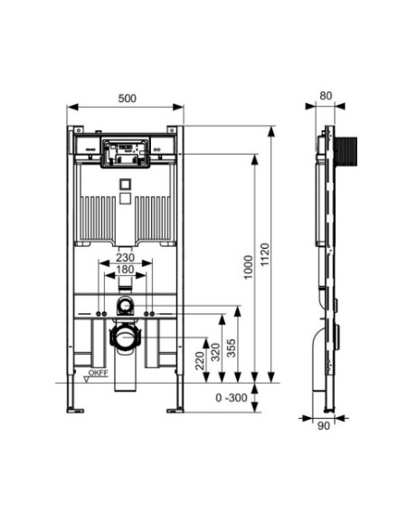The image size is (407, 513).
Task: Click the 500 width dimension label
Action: (x=127, y=99)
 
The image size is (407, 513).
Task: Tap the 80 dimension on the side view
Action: (x=326, y=96)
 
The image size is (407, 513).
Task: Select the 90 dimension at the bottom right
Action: (x=324, y=426)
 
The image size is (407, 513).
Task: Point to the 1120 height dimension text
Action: (x=265, y=254)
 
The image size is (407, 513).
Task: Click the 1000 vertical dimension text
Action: (x=249, y=267)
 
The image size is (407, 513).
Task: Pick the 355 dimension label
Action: (x=232, y=348)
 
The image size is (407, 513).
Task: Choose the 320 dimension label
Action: (x=215, y=352)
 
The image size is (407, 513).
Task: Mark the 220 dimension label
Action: (x=200, y=361)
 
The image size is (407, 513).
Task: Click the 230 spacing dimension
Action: (x=126, y=258)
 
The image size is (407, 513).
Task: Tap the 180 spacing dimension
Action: (x=126, y=270)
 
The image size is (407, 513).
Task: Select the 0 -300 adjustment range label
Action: (x=232, y=398)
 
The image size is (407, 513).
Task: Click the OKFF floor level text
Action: (x=99, y=373)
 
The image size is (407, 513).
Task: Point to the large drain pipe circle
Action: (x=125, y=337)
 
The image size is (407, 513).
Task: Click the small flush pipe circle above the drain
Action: (x=125, y=306)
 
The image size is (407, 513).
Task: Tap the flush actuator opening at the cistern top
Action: (x=126, y=153)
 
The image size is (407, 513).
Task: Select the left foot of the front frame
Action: (x=75, y=410)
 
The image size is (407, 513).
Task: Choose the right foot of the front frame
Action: (x=175, y=410)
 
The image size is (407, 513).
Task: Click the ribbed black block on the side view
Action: (x=346, y=151)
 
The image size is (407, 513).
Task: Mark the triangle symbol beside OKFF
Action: (x=87, y=379)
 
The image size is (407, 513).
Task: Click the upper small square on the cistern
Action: (x=125, y=185)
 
